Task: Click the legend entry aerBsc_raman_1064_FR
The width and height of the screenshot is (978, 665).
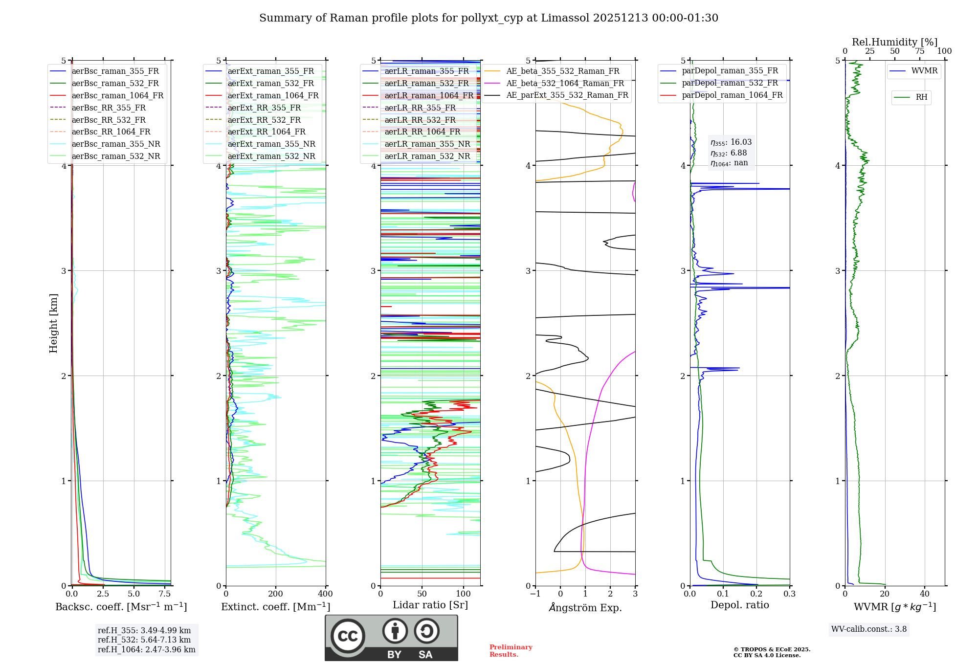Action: [x=117, y=96]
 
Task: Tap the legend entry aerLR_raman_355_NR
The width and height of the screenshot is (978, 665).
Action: [x=427, y=144]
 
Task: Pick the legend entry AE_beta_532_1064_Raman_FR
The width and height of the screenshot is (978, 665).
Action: [x=565, y=84]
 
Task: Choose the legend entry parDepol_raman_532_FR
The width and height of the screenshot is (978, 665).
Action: [x=730, y=83]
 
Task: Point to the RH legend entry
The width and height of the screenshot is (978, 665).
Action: [x=921, y=97]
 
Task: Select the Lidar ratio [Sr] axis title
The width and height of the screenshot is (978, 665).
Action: [x=430, y=605]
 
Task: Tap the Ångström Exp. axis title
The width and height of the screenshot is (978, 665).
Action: [x=585, y=608]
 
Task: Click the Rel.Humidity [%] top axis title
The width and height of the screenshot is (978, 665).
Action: [x=894, y=42]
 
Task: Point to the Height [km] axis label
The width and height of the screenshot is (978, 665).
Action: [x=53, y=323]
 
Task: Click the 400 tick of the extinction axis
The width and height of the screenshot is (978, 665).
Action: [x=326, y=594]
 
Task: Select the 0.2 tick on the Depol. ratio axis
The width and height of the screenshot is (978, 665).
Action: [x=756, y=594]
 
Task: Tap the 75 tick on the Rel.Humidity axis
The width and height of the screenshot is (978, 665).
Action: [x=920, y=51]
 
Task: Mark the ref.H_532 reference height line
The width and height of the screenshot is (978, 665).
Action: [x=144, y=640]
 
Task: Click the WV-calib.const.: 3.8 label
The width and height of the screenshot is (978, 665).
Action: [x=869, y=629]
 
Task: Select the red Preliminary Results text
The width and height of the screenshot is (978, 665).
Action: [x=511, y=651]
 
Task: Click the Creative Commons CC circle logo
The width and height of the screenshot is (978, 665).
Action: [x=348, y=636]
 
